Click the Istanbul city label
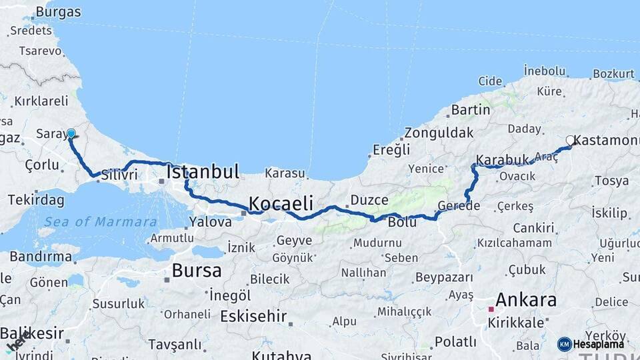(202, 171)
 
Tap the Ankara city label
(527, 299)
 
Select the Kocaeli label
(281, 203)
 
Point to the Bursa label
(196, 271)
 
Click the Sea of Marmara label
(101, 222)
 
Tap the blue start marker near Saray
(71, 133)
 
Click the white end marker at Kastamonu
(571, 141)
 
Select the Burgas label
(58, 12)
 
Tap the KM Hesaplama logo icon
(565, 344)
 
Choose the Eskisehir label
(253, 315)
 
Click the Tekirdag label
(36, 200)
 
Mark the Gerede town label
(459, 205)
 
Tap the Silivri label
(119, 175)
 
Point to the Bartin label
(471, 109)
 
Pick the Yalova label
(211, 222)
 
